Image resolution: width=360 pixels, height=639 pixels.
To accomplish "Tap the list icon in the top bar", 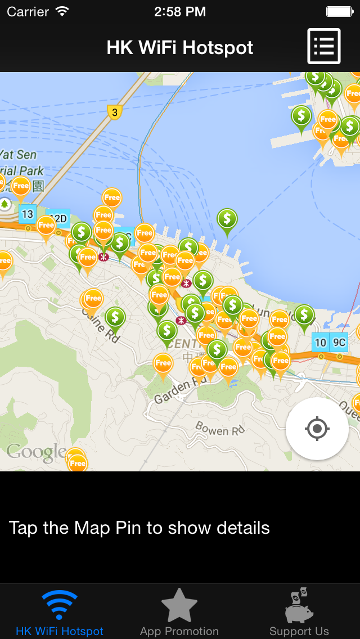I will click(324, 46).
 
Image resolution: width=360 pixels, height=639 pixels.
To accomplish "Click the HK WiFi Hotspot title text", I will click(180, 48).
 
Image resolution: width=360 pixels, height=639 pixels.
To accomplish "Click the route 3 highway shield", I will click(115, 112).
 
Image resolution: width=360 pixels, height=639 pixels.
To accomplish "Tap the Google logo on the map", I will click(36, 452).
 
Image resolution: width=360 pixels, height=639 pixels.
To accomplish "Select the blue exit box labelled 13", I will click(27, 214).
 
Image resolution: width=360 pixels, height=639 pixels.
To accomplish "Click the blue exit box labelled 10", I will click(321, 342).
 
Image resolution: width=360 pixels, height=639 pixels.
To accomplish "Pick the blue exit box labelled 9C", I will click(339, 342).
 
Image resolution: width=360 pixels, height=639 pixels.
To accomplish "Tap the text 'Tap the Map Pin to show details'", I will click(139, 528).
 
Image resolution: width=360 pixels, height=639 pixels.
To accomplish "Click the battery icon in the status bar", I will click(339, 11).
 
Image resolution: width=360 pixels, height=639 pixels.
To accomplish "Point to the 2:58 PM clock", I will click(180, 11).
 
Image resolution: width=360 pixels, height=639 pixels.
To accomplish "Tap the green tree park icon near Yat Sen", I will click(5, 203).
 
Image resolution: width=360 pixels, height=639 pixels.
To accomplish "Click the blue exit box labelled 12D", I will click(60, 218).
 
